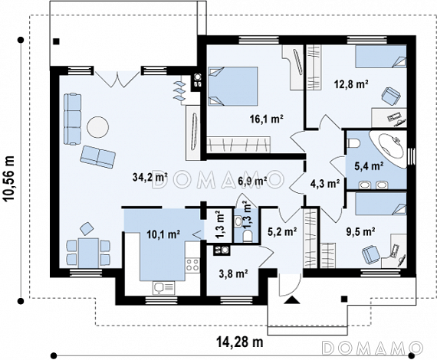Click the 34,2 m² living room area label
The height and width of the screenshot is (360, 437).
point(150,177)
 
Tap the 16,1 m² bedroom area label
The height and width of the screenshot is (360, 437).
point(267,119)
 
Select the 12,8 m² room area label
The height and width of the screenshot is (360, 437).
point(351,83)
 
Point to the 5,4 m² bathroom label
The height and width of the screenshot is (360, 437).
point(368,166)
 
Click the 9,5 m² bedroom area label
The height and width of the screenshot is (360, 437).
point(360,231)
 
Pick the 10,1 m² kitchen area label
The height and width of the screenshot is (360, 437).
point(163,234)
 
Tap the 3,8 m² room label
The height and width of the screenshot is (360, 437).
point(234,274)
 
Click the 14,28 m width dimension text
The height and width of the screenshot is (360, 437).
point(240,342)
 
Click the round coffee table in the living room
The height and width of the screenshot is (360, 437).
point(97,127)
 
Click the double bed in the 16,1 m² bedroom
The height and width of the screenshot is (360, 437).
point(233,86)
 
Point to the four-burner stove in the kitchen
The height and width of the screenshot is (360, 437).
point(192,264)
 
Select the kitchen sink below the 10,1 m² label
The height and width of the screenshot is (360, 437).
point(163,287)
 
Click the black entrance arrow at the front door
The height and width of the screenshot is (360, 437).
point(292,299)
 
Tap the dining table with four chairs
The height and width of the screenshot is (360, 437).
point(88,253)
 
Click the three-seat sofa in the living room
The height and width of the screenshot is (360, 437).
point(73,119)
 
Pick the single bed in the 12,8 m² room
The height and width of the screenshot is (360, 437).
point(381,57)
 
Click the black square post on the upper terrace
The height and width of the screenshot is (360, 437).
point(57,41)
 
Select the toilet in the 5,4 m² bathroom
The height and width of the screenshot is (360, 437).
point(354,143)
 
